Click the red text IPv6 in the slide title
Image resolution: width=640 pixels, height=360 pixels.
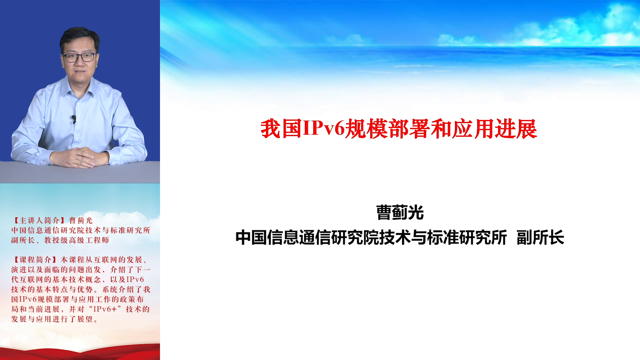[324, 129]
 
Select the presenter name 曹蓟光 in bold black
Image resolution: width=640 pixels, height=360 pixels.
[400, 213]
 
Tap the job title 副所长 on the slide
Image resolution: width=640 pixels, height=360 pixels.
[540, 237]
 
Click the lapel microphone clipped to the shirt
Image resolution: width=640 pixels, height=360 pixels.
[74, 119]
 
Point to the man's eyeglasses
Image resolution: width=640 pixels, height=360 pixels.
[79, 57]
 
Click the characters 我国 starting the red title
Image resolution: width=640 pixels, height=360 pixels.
[281, 129]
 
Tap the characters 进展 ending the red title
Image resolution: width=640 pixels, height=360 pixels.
[516, 129]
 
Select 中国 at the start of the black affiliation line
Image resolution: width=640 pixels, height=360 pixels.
[251, 237]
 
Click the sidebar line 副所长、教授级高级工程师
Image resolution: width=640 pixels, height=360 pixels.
[60, 240]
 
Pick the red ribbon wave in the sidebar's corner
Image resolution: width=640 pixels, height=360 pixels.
[80, 352]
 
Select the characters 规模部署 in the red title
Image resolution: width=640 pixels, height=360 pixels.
[387, 129]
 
